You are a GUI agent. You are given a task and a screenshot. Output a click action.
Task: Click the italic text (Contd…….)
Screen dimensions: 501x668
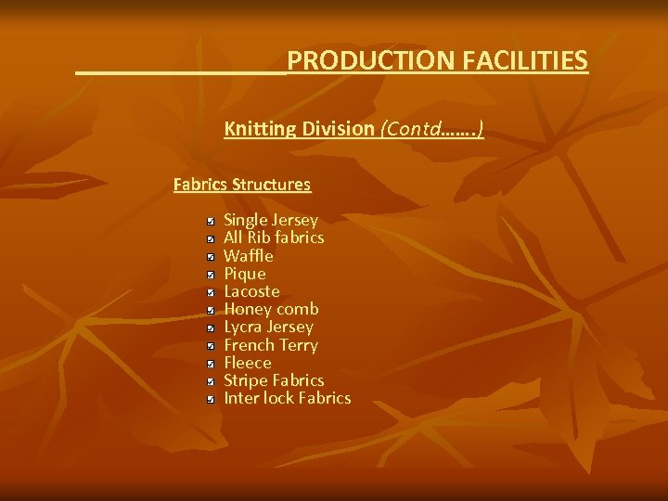[x=431, y=129]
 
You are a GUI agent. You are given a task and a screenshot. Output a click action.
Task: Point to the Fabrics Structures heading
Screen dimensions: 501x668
[x=242, y=184]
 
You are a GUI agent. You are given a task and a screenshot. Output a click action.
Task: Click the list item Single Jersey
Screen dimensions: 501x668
[x=271, y=220]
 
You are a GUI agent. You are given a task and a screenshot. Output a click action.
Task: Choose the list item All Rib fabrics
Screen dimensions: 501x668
[x=274, y=238]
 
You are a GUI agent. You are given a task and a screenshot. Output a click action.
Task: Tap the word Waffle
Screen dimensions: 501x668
[x=249, y=255]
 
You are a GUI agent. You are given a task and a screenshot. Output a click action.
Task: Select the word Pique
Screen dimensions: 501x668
[x=245, y=274]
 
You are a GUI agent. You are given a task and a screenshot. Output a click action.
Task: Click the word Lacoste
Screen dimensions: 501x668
[x=251, y=291]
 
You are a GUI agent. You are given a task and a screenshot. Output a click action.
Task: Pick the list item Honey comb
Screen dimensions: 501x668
[x=271, y=309]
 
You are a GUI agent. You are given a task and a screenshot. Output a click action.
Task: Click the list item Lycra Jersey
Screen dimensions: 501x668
[x=268, y=327]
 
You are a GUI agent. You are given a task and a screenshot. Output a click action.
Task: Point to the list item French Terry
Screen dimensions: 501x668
[x=271, y=345]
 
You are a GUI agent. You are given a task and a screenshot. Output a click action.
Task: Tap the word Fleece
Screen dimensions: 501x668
[x=248, y=363]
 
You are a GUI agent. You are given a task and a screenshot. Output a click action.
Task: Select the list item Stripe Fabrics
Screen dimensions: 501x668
[x=274, y=380]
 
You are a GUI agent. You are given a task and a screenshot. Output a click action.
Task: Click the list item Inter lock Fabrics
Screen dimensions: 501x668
[x=288, y=398]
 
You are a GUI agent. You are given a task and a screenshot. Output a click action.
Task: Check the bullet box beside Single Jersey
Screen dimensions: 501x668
[x=212, y=222]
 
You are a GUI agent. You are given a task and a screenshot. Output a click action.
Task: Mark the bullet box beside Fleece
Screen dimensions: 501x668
[x=212, y=364]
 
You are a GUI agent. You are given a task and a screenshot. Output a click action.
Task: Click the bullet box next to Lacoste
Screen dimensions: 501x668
[x=212, y=292]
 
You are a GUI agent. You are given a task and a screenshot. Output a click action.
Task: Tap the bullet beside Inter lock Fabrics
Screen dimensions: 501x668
[x=212, y=399]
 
